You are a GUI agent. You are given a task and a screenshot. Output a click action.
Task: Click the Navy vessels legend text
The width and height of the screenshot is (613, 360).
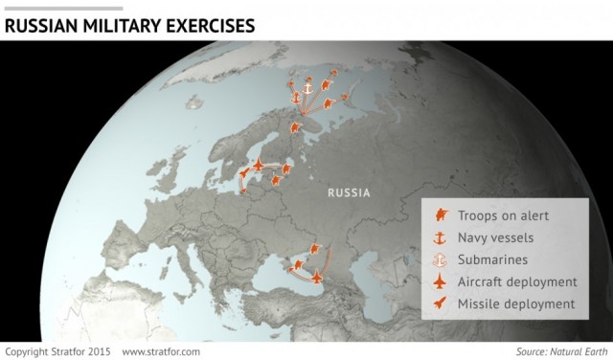pos(495,236)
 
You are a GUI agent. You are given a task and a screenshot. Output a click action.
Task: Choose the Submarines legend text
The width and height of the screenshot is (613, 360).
pos(492,259)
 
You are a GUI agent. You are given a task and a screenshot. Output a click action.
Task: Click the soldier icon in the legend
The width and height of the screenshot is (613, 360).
pos(441,214)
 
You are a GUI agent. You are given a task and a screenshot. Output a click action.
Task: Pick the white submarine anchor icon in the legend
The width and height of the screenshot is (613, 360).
pos(441,259)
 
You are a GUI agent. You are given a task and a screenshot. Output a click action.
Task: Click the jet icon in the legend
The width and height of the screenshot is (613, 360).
pos(441,282)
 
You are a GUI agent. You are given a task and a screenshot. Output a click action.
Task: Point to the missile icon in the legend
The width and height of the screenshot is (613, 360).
pos(441,304)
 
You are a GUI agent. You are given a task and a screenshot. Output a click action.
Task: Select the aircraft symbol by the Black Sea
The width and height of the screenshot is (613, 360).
pos(317,277)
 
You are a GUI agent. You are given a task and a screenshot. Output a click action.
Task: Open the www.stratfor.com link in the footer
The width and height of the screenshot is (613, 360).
pos(161,351)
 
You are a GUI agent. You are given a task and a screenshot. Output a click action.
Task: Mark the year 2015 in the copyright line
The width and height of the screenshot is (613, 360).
pos(100,351)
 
